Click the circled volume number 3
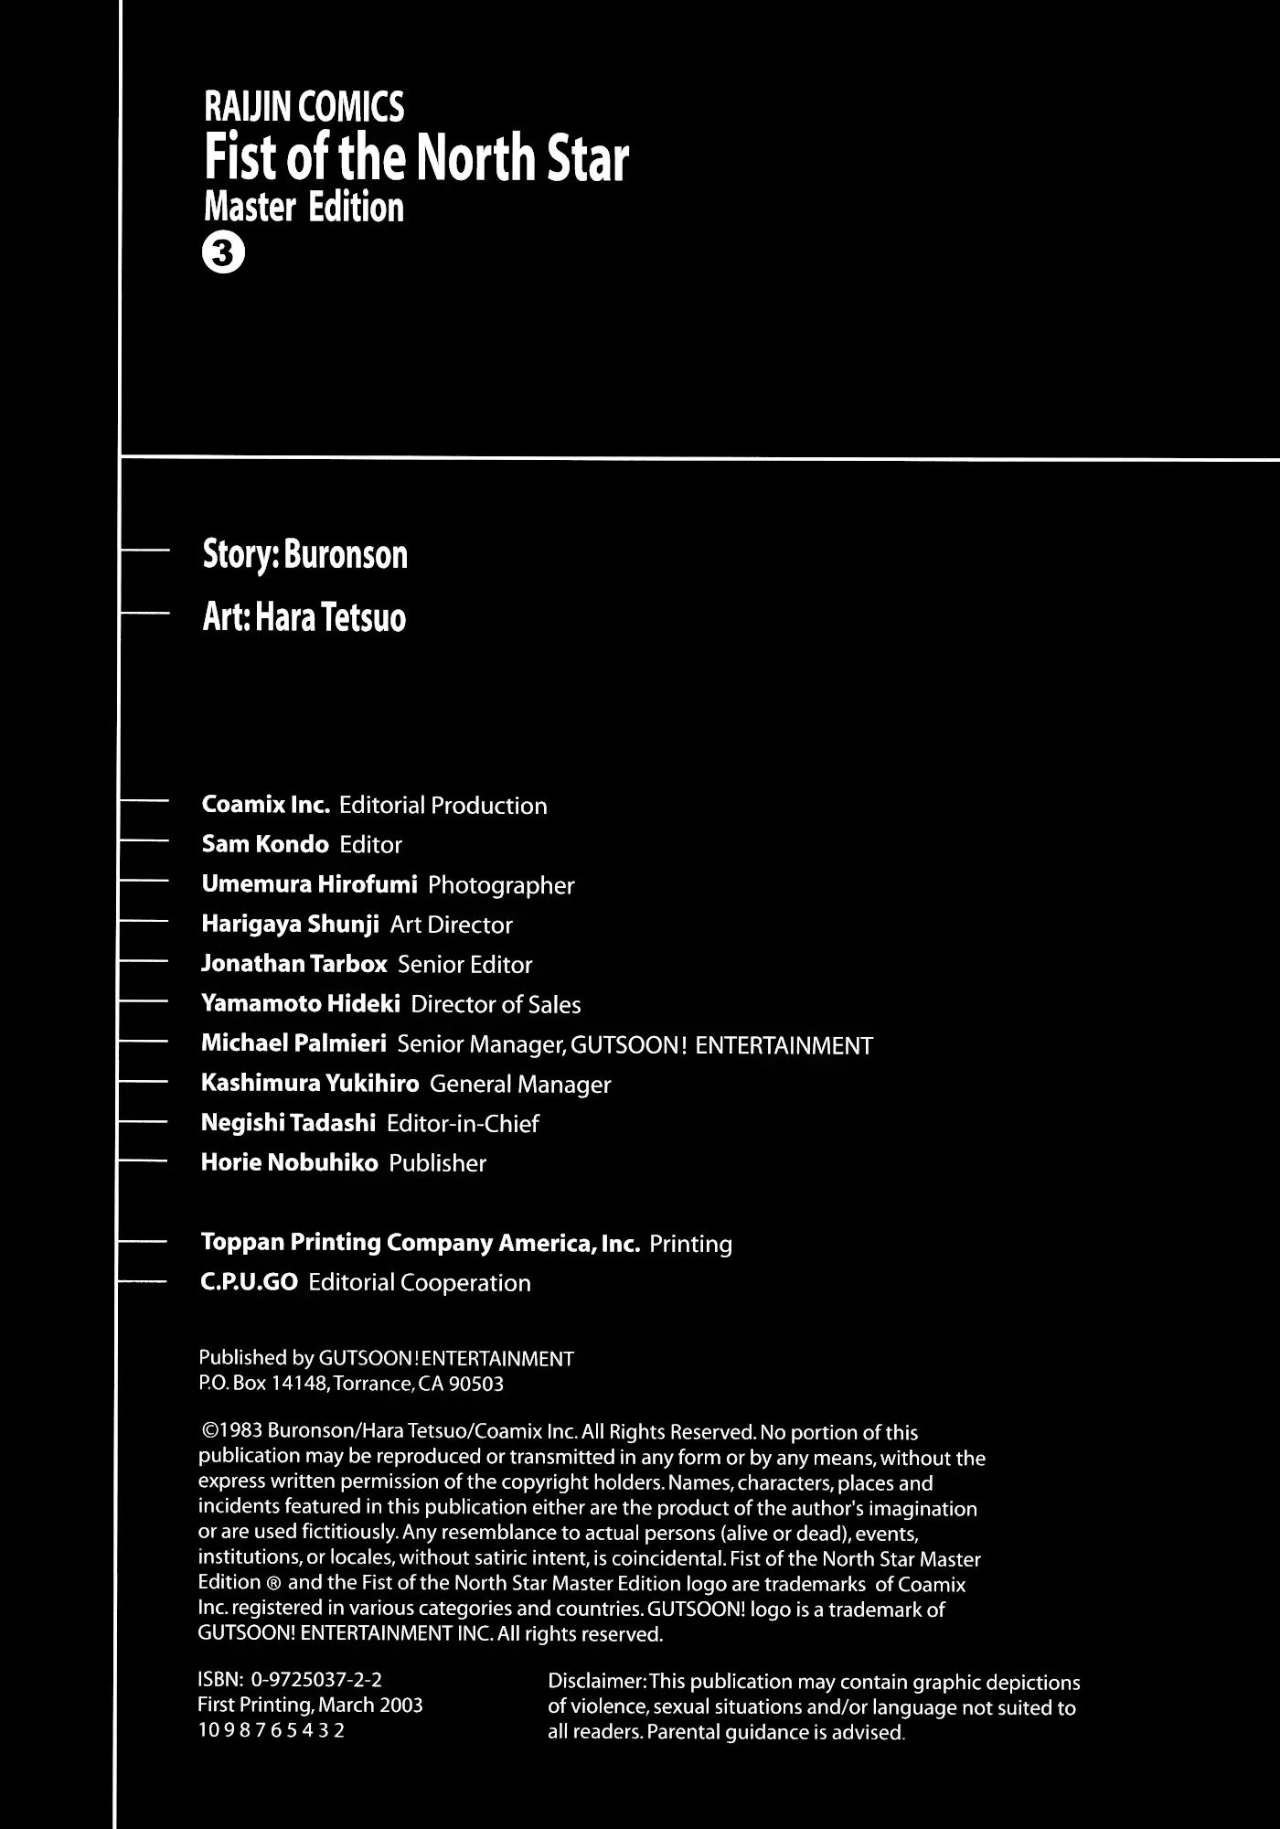pos(223,255)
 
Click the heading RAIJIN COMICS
pos(304,108)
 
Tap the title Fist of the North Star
pos(416,158)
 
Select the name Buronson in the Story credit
pos(346,555)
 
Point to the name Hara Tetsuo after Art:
pos(330,618)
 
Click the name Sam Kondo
pos(264,844)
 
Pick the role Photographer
pos(501,885)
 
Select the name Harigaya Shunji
pos(290,925)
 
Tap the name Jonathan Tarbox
pos(293,964)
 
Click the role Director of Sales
pos(496,1004)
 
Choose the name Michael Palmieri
pos(293,1043)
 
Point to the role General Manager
pos(520,1085)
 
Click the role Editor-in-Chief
pos(463,1124)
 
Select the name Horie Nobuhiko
pos(289,1163)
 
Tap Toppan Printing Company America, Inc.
pos(420,1243)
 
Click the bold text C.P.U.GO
pos(249,1282)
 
